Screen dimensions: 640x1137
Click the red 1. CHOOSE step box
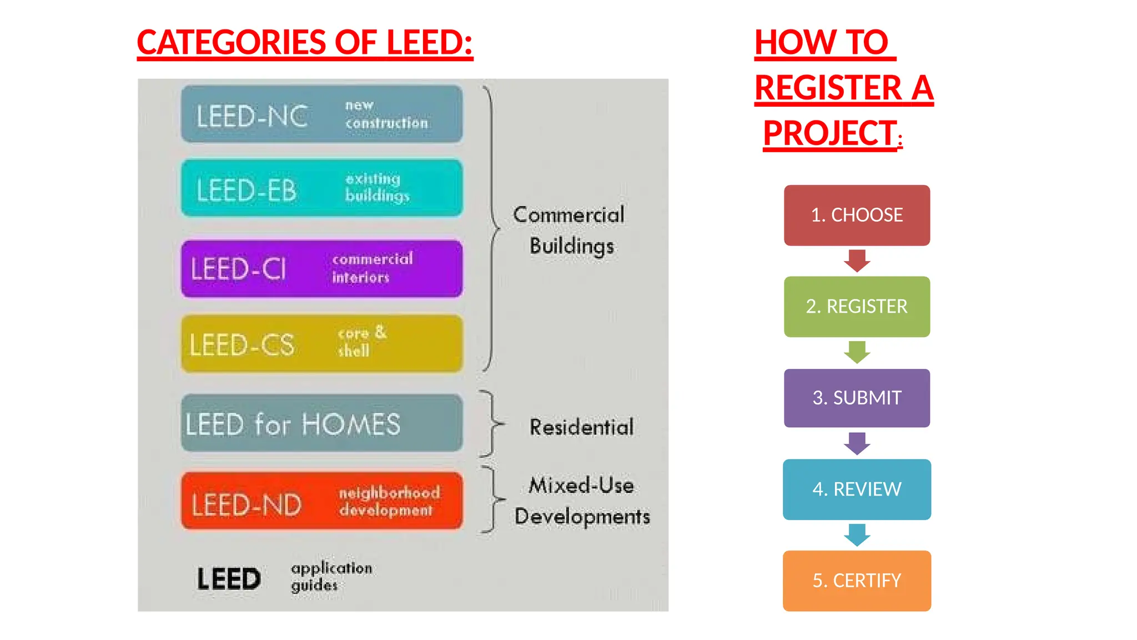click(856, 215)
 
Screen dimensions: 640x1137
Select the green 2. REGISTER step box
click(856, 307)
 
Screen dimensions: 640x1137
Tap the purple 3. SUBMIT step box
click(856, 398)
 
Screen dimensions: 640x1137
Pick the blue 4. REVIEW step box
click(856, 489)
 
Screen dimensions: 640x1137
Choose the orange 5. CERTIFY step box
click(856, 581)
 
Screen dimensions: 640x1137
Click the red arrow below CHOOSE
click(857, 261)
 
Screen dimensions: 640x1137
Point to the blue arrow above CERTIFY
click(857, 534)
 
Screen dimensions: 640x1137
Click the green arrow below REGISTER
click(857, 352)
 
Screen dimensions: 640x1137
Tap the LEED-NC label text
click(251, 117)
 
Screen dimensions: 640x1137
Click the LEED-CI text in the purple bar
click(239, 269)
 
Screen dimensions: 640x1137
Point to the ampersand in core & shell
click(380, 332)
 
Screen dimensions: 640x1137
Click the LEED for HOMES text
click(293, 425)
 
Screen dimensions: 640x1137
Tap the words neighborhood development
click(389, 501)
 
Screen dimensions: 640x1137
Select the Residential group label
click(581, 427)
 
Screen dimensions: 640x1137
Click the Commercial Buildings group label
click(570, 230)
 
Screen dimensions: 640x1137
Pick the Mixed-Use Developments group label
click(581, 501)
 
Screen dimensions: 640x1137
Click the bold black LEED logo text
click(229, 579)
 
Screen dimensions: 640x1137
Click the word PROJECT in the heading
click(829, 133)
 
